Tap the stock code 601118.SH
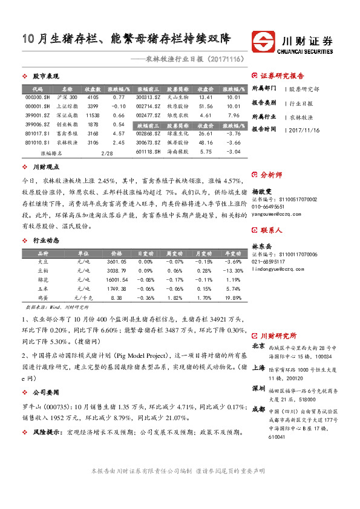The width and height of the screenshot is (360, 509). (148, 151)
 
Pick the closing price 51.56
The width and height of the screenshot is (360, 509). (206, 106)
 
